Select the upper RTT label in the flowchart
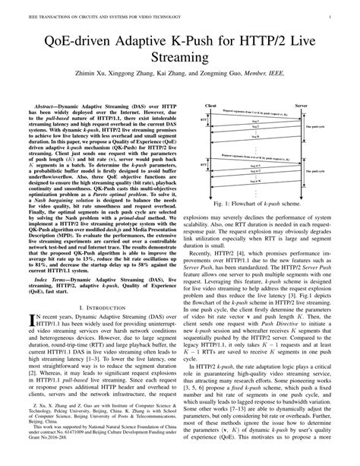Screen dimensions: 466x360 point(203,121)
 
